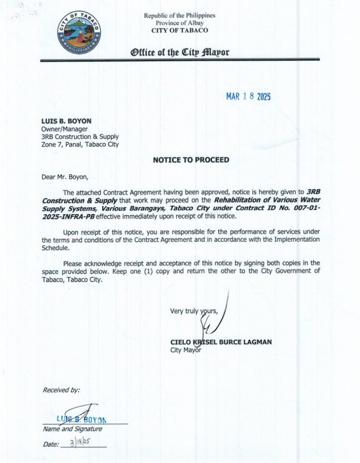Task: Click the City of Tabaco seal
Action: point(79,33)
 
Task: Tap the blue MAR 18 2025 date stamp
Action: point(248,97)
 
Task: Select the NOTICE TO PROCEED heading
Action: point(191,160)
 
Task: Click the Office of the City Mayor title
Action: point(180,52)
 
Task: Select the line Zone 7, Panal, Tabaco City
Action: point(80,144)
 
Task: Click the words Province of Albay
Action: point(180,23)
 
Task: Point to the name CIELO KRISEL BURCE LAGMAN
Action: point(221,342)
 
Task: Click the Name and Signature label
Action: point(72,429)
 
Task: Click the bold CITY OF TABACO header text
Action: point(180,30)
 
